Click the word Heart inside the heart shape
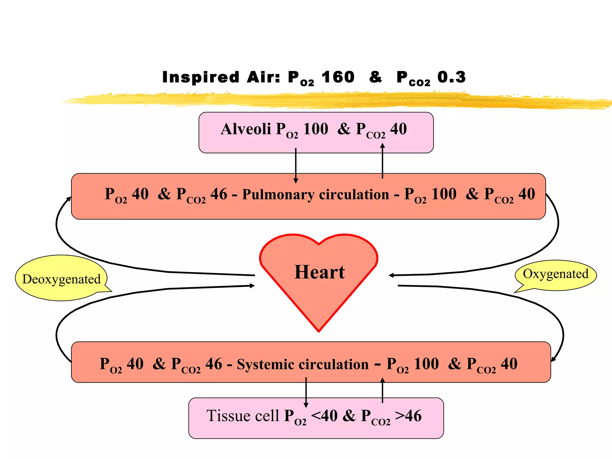[x=319, y=272]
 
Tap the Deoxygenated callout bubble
[x=61, y=279]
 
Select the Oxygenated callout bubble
[x=556, y=274]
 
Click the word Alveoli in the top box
[x=246, y=129]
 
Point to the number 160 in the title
[x=338, y=77]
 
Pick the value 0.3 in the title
[x=451, y=77]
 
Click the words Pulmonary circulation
[x=315, y=195]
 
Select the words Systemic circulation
[x=302, y=364]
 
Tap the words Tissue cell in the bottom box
[x=243, y=416]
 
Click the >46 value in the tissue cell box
[x=408, y=416]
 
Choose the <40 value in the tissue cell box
[x=324, y=416]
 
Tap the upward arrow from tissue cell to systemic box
[x=382, y=390]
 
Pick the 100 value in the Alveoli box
[x=316, y=129]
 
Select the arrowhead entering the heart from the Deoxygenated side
[x=252, y=286]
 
